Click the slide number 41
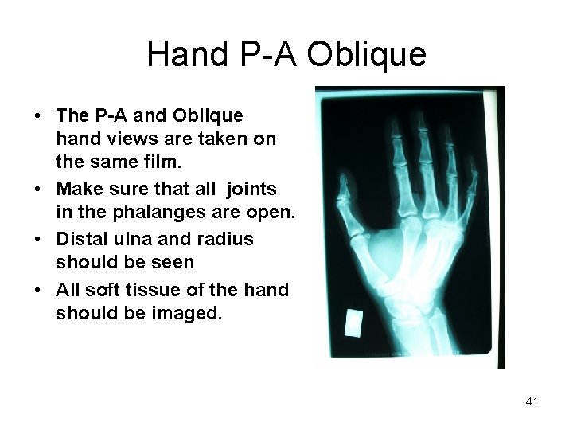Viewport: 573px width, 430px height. pyautogui.click(x=532, y=402)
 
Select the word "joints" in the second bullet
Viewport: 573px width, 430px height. pyautogui.click(x=252, y=189)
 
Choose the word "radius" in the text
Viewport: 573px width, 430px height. pyautogui.click(x=226, y=239)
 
